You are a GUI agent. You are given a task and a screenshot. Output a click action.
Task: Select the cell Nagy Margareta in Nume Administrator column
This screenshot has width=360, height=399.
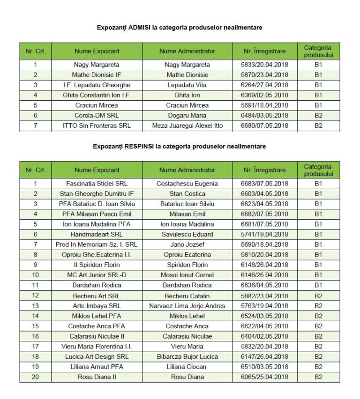187,65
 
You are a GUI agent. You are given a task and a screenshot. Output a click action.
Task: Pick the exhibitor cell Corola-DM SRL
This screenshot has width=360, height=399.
97,116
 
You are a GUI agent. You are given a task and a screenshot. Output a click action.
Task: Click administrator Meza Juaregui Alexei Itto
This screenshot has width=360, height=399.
187,126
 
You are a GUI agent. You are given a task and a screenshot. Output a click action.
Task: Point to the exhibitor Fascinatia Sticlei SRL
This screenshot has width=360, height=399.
97,184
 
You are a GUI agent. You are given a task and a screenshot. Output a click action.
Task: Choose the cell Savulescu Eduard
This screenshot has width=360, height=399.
187,234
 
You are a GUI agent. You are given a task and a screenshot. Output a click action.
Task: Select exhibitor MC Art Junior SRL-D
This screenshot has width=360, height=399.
97,275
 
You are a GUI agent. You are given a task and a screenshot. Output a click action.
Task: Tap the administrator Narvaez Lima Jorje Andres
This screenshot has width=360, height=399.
187,306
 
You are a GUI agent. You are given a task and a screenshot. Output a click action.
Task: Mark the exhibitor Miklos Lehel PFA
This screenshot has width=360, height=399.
97,316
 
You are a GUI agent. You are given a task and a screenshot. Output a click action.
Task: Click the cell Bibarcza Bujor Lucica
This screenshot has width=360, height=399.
187,357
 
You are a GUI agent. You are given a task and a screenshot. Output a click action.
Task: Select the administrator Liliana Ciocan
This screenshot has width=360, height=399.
187,367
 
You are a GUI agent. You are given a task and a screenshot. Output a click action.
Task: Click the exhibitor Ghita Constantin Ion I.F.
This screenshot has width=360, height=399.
97,95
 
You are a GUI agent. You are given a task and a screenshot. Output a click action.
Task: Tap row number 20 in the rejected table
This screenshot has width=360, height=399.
35,377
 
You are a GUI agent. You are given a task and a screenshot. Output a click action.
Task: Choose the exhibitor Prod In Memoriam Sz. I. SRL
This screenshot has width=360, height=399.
97,244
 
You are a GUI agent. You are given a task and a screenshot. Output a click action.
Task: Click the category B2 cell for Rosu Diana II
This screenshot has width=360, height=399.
318,377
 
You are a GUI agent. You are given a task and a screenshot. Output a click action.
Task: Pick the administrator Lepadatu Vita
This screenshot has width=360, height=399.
187,85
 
